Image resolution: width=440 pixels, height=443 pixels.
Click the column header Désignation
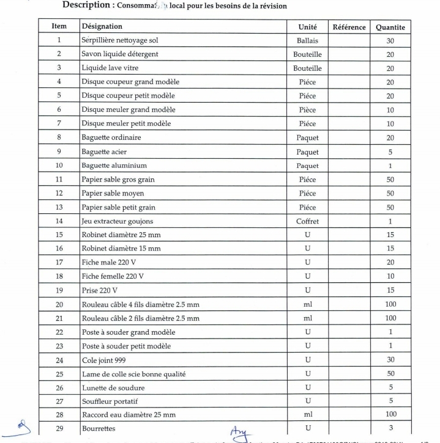click(x=102, y=27)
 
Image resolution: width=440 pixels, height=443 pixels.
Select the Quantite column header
click(x=390, y=27)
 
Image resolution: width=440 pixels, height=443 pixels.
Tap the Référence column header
click(x=349, y=27)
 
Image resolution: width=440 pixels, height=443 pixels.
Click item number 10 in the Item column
click(x=59, y=166)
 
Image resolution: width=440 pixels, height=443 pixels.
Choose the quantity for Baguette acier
click(x=390, y=152)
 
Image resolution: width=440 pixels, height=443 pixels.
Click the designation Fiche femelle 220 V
click(x=113, y=277)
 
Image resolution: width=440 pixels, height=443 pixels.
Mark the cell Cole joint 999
click(x=107, y=360)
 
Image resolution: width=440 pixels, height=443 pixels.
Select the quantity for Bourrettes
click(x=390, y=429)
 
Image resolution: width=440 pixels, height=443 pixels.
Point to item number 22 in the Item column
click(x=59, y=332)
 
